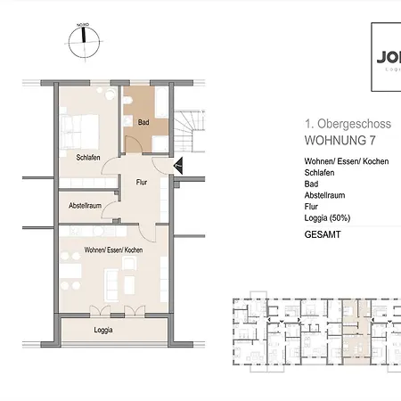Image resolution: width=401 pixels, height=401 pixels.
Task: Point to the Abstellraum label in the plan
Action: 86,206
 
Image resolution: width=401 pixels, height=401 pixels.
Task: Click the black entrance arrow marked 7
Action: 178,165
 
